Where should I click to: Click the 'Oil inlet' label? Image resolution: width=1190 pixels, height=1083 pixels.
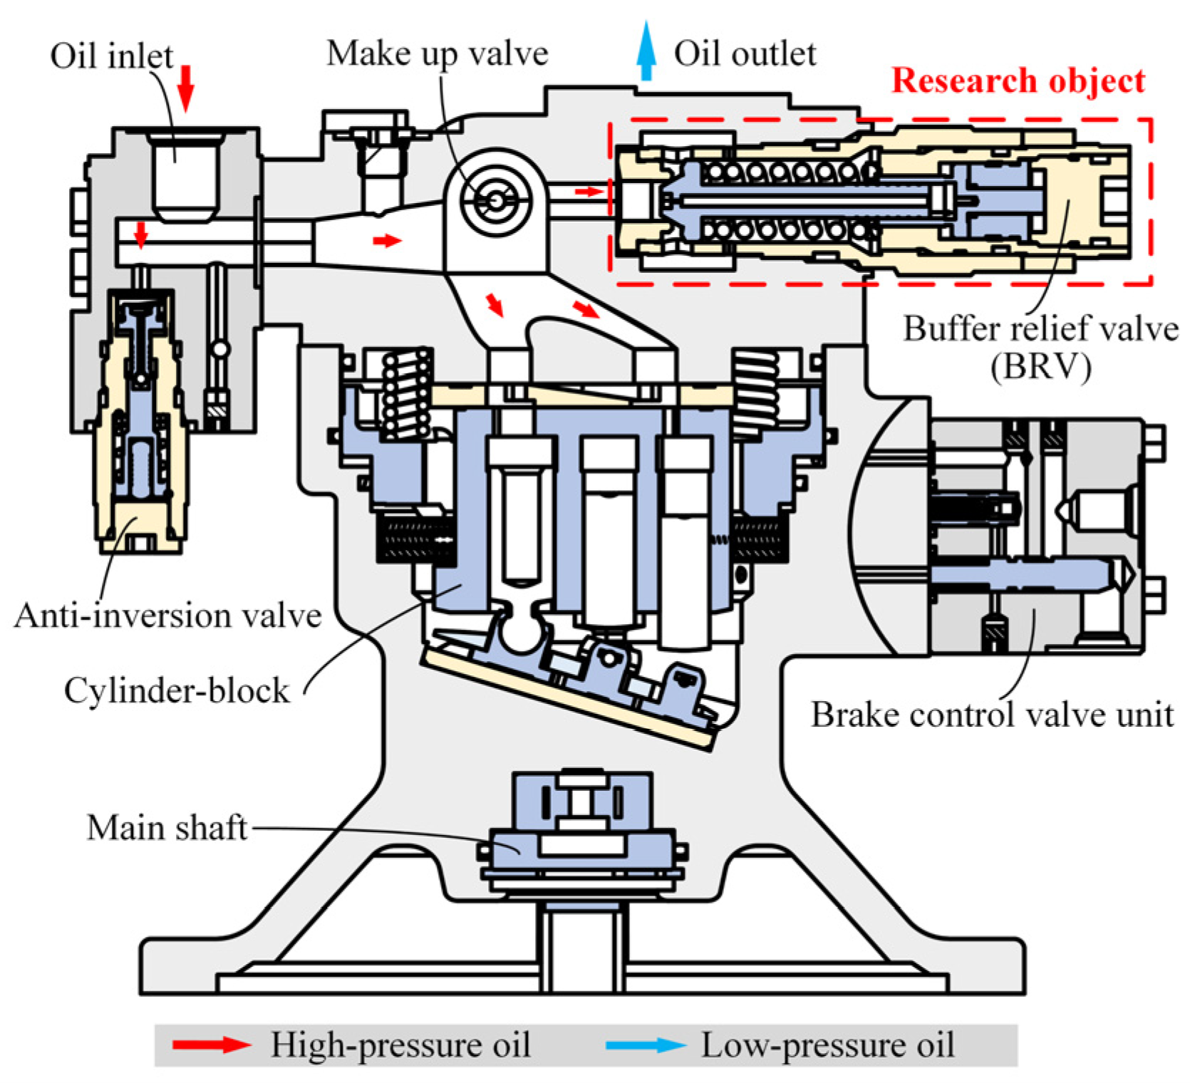point(111,56)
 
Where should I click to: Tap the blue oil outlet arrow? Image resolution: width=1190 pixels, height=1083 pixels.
point(646,51)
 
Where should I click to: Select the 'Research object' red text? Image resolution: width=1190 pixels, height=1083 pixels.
point(1018,81)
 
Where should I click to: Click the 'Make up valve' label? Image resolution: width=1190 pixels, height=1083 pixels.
point(437,54)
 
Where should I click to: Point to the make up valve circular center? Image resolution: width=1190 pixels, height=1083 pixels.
point(495,201)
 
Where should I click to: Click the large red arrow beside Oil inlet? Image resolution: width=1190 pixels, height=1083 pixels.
point(186,88)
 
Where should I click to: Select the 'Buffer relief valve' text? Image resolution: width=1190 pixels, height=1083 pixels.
point(1040,329)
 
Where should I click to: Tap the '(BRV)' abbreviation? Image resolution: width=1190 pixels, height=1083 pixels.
point(1040,368)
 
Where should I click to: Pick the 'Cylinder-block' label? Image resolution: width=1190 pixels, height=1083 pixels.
point(177,690)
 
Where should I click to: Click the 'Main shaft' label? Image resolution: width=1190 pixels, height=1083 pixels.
point(167,828)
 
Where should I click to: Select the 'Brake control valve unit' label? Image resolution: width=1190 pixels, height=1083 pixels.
point(992,715)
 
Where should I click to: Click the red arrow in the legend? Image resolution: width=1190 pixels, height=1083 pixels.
point(212,1045)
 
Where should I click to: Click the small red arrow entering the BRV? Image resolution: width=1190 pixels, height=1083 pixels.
point(589,192)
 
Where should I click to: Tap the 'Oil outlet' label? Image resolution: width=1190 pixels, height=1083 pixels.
point(745,54)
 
